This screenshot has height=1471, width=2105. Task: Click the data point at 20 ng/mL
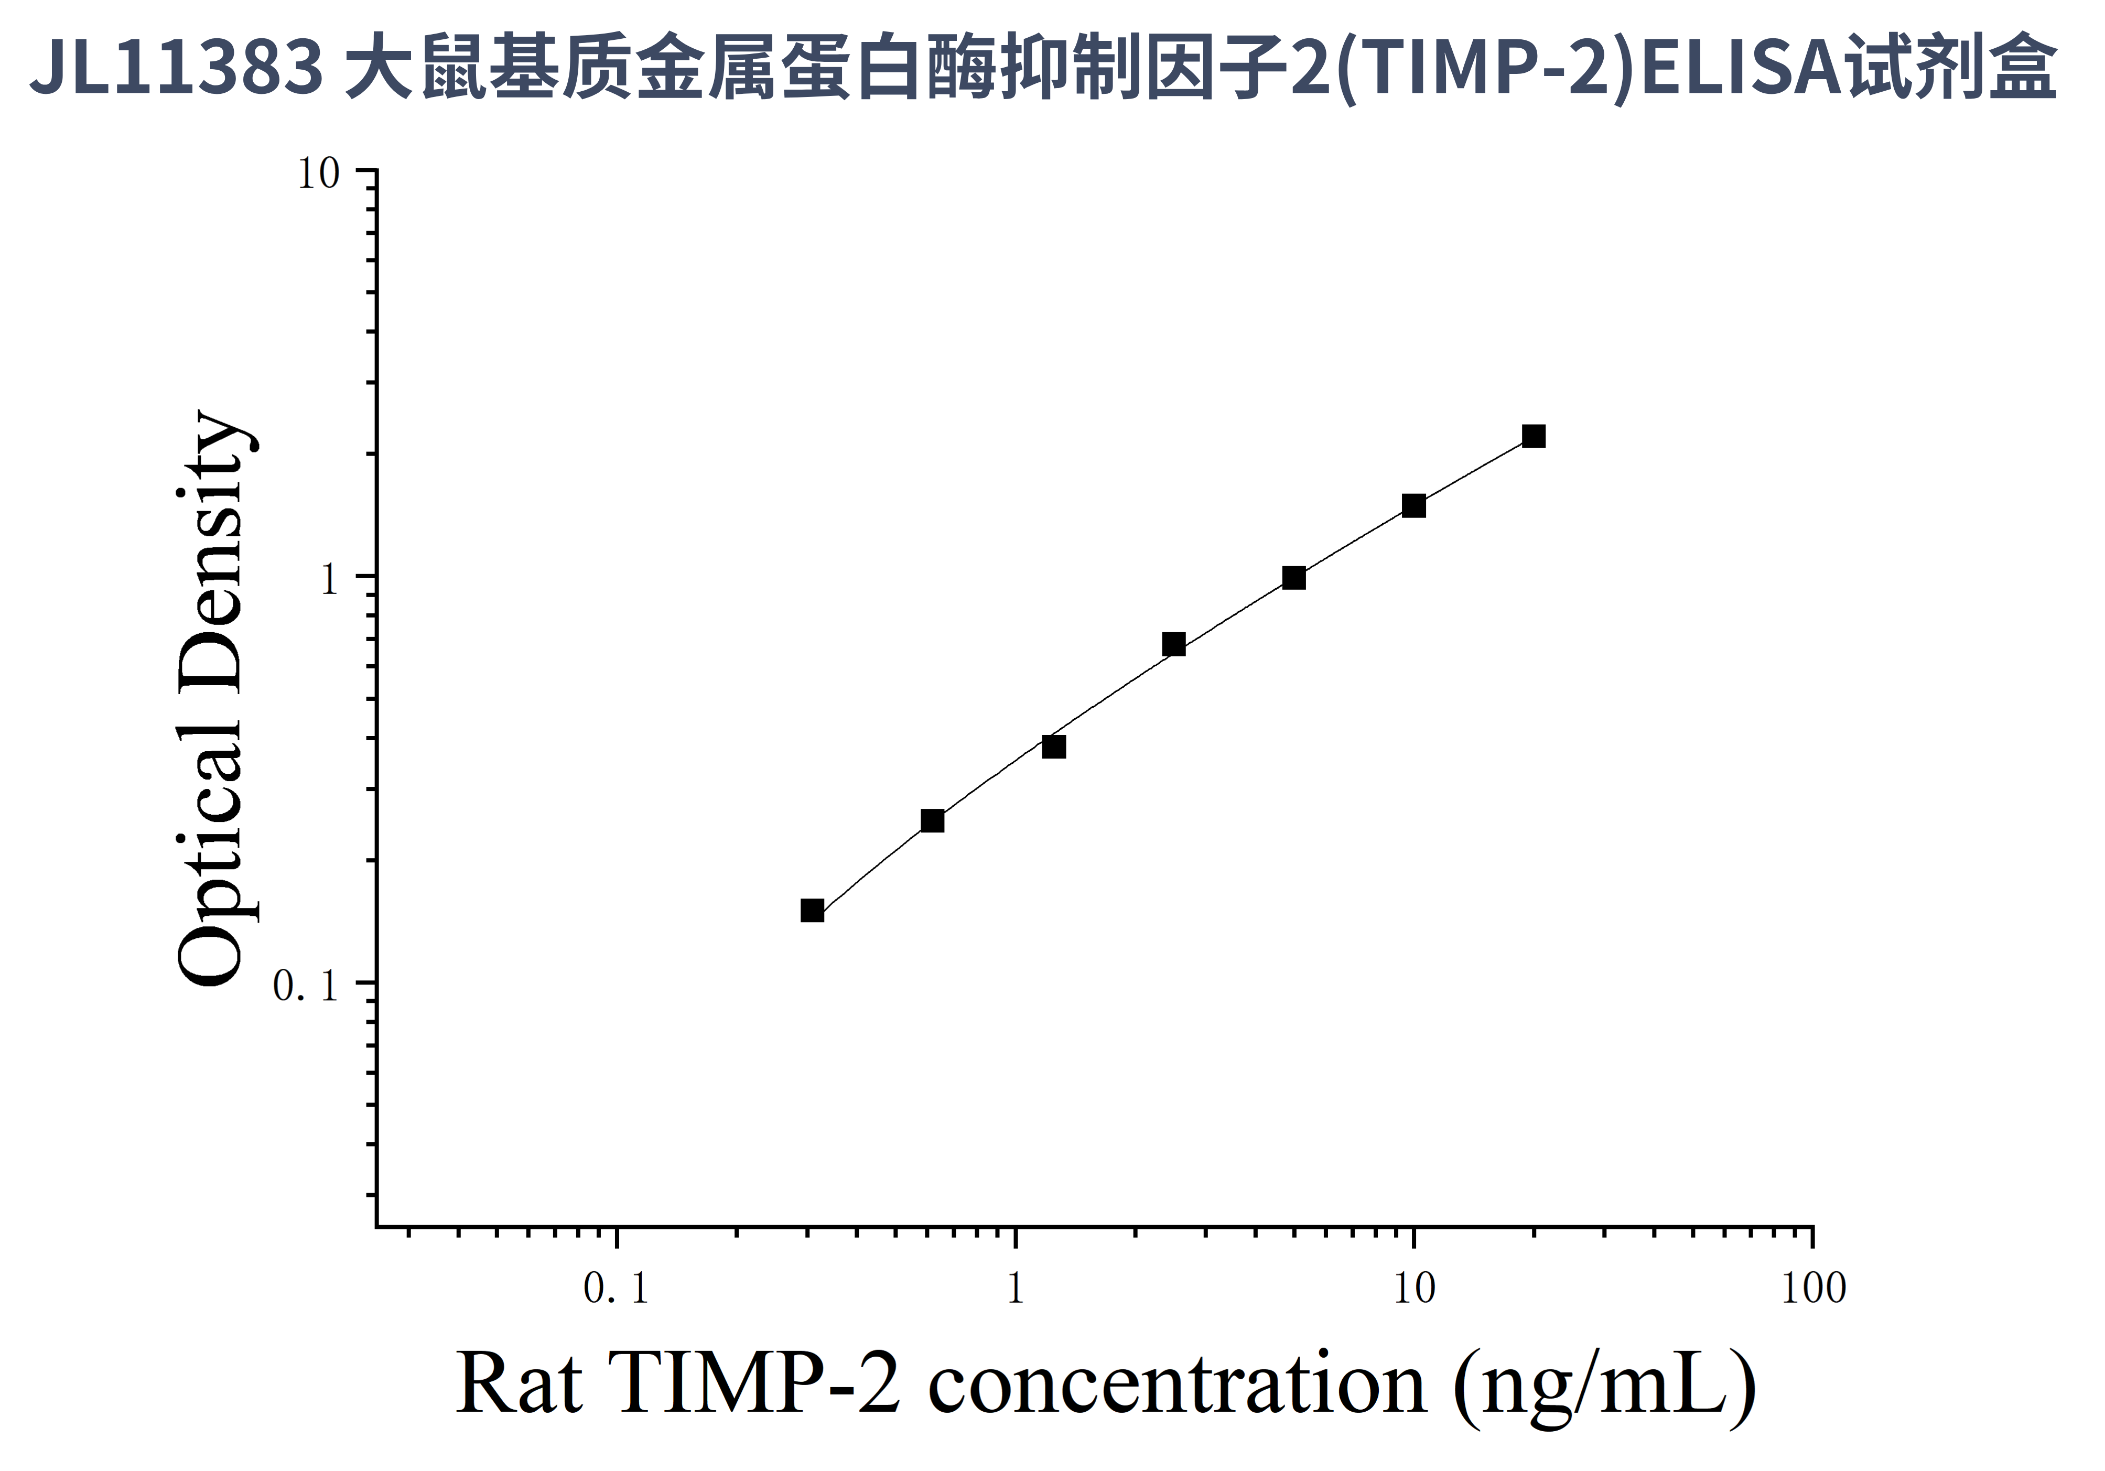coord(1533,436)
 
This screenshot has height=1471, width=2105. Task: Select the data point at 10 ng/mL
coord(1413,506)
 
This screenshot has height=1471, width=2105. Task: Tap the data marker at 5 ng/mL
coord(1293,577)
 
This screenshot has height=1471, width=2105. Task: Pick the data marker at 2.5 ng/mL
coord(1173,644)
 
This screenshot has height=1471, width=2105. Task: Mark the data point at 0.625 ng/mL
coord(932,820)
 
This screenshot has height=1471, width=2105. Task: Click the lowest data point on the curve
coord(812,910)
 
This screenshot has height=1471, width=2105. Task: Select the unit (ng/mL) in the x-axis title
coord(1604,1386)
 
